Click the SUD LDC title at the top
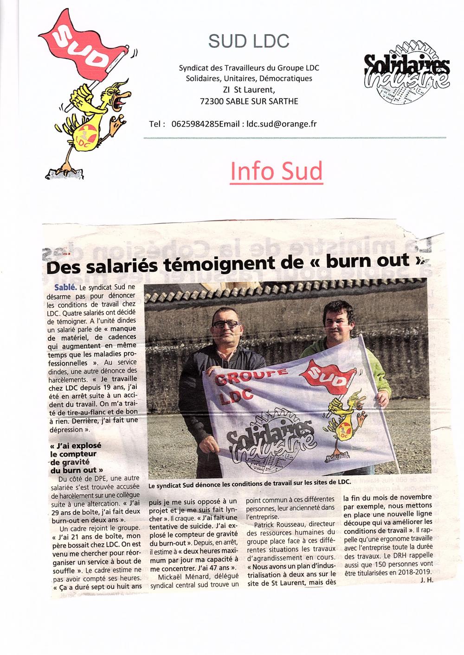tap(249, 41)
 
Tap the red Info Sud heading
tap(276, 171)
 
